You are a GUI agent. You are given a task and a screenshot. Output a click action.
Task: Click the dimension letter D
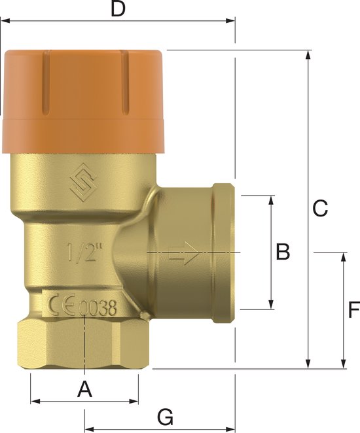[x=117, y=9]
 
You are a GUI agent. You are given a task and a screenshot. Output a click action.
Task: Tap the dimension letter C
[x=319, y=209]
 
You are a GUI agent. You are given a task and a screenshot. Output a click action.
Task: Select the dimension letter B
[x=282, y=252]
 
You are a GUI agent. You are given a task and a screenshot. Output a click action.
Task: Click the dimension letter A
[x=84, y=390]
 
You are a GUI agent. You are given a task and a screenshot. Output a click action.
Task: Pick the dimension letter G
[x=166, y=416]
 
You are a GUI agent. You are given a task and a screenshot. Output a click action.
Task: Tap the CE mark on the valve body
[x=61, y=306]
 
